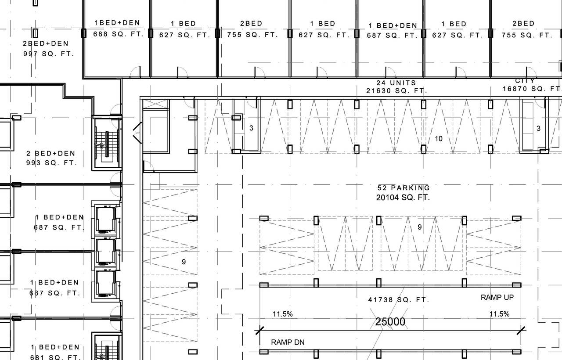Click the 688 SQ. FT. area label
(x=119, y=34)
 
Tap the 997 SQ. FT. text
(x=49, y=54)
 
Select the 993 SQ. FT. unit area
(x=51, y=163)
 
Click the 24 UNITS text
(x=396, y=83)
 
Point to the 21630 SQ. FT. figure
(x=396, y=91)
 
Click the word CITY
(x=525, y=81)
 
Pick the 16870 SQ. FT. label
(x=532, y=89)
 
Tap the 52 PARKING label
(x=403, y=188)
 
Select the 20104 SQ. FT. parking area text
(x=403, y=198)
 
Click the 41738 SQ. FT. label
(x=398, y=300)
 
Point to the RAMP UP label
(x=497, y=297)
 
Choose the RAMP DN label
(x=288, y=342)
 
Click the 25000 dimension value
(x=390, y=322)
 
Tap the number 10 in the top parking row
(x=438, y=139)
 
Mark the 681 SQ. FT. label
(x=56, y=357)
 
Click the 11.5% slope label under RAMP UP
(x=500, y=314)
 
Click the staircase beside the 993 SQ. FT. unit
(x=106, y=143)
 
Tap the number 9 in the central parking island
(x=419, y=227)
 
